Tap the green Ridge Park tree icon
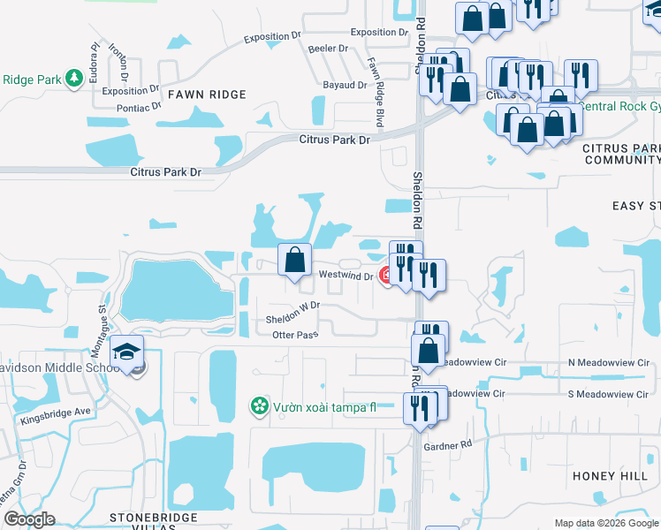(73, 79)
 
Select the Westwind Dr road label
(346, 276)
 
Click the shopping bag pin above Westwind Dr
(295, 260)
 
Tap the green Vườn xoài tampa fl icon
(260, 407)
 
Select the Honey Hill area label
(611, 476)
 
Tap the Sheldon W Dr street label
(292, 307)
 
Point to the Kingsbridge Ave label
(56, 412)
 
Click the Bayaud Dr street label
(345, 85)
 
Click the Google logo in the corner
(29, 519)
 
